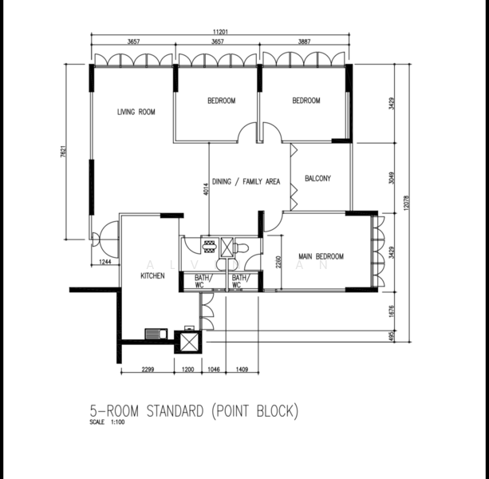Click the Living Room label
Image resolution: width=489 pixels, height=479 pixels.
[136, 113]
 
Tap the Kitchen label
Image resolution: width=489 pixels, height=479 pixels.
[152, 275]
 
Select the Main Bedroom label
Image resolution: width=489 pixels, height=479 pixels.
[321, 256]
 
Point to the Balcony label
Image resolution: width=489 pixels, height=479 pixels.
[317, 179]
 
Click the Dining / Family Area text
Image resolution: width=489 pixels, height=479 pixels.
[246, 182]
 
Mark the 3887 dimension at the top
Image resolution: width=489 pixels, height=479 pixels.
[306, 42]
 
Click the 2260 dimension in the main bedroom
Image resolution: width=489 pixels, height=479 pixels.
[277, 261]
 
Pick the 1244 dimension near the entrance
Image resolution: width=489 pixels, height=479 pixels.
[104, 262]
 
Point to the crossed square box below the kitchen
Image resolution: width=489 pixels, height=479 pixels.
[188, 342]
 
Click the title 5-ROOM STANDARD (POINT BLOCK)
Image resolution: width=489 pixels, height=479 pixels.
[194, 411]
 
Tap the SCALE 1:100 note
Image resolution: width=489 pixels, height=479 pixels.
[108, 422]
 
